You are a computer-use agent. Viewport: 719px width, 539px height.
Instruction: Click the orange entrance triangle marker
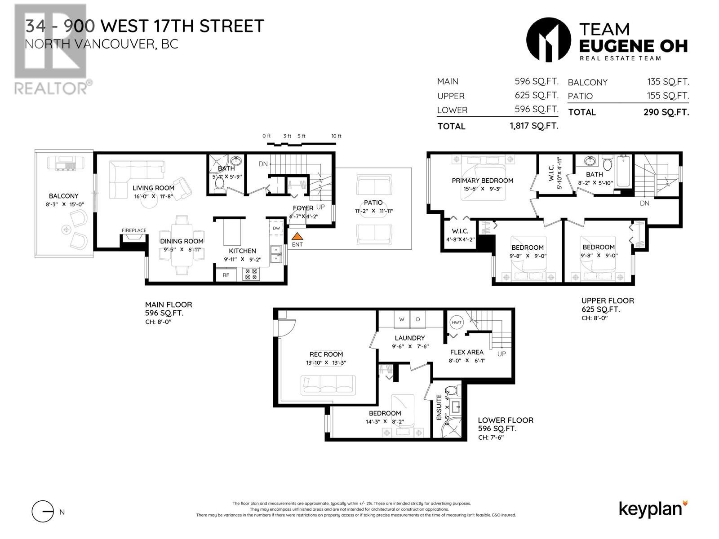[297, 236]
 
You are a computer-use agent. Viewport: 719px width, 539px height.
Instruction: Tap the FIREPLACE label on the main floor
[134, 230]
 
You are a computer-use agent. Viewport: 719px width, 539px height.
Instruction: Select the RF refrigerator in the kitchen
[226, 275]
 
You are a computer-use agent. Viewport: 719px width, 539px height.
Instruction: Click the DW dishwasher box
[276, 228]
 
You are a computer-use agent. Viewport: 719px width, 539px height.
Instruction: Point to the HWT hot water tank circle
[457, 323]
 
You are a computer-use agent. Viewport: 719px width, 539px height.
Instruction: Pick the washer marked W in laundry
[402, 319]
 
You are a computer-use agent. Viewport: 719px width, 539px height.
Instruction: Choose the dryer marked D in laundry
[418, 319]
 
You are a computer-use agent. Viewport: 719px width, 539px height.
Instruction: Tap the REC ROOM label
[326, 354]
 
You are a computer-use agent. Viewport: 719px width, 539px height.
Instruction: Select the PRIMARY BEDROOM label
[482, 181]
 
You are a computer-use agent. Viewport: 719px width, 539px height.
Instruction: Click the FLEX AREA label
[466, 352]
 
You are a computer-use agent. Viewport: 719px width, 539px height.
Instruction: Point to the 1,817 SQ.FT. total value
[534, 126]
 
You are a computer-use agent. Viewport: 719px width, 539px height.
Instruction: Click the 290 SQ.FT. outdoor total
[666, 112]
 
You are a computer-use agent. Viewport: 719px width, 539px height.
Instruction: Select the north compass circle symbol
[43, 512]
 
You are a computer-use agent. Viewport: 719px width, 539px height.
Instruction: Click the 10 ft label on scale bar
[337, 136]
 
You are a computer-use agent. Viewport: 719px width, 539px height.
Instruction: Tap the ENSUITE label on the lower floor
[439, 407]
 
